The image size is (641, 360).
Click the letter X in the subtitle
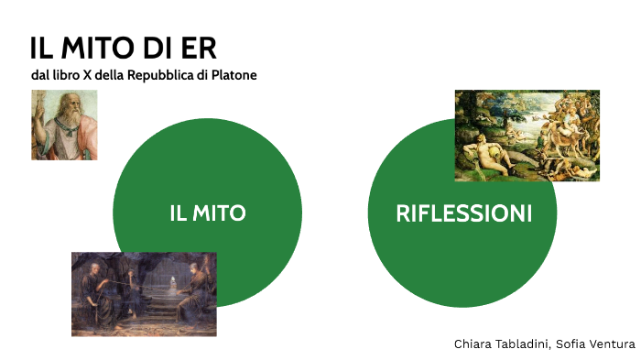click(87, 75)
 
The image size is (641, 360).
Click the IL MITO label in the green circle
click(208, 213)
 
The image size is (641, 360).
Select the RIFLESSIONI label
click(463, 213)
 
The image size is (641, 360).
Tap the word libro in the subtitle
click(65, 75)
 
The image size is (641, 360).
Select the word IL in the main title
click(42, 48)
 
